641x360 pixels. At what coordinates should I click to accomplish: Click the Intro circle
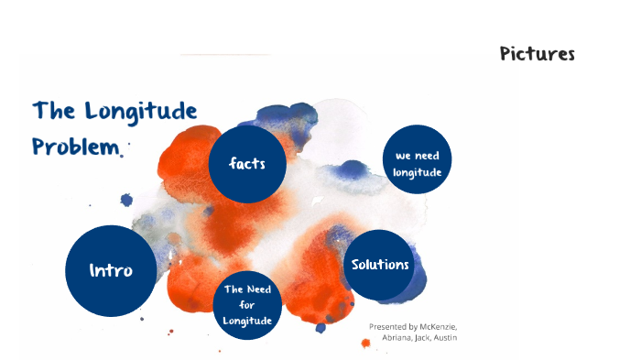111,270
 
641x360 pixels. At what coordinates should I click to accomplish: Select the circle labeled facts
248,165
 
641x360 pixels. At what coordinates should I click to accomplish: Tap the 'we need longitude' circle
418,163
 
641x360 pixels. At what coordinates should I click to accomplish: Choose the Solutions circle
379,265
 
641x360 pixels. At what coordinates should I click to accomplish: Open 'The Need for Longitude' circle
248,305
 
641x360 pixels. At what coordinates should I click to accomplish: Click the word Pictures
537,53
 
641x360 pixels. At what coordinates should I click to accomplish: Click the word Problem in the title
75,147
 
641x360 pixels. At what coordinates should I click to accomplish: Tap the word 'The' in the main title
52,112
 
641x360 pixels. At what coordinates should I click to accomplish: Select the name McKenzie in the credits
436,327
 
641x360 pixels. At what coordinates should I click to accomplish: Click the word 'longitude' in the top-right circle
418,171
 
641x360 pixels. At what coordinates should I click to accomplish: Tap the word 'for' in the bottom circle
248,305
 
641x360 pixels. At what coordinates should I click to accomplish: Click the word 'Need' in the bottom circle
258,290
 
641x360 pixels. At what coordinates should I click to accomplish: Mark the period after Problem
120,154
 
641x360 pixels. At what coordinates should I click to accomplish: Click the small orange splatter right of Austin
470,343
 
